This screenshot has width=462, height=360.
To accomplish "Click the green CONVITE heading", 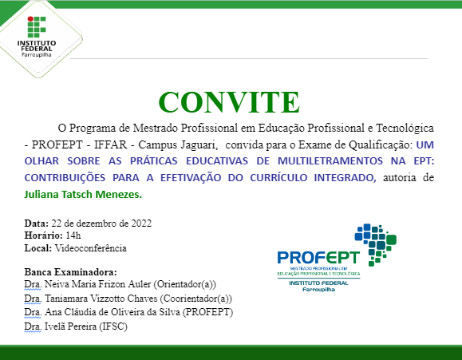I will click(x=229, y=101).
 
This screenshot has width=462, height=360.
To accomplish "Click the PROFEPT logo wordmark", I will click(x=318, y=258).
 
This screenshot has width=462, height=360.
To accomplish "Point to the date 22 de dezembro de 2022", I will click(x=101, y=223).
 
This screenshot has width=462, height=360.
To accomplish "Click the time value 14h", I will click(x=73, y=235).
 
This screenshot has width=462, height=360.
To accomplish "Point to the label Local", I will click(x=38, y=248).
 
